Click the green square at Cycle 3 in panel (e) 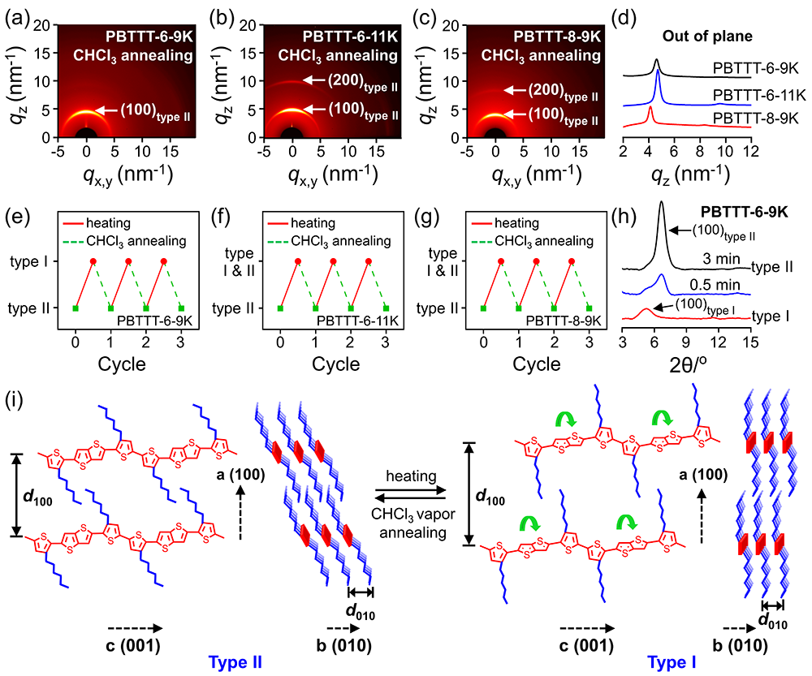click(x=181, y=308)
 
